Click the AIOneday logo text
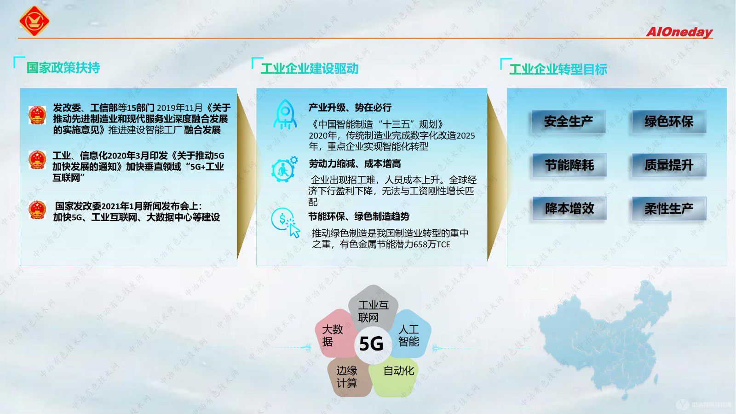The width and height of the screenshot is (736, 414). click(x=679, y=32)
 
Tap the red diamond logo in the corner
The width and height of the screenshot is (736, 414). click(x=34, y=21)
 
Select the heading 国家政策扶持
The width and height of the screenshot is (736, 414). click(x=63, y=68)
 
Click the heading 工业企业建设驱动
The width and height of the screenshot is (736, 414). click(x=309, y=69)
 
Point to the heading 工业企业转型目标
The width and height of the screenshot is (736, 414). click(x=558, y=70)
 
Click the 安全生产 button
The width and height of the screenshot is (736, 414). click(x=568, y=122)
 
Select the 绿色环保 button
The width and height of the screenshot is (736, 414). click(x=668, y=122)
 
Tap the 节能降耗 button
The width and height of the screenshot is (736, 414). click(x=569, y=165)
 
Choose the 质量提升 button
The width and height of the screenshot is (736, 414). click(x=668, y=165)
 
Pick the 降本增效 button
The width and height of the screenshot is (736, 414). click(x=569, y=208)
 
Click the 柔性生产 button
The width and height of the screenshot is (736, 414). click(x=668, y=208)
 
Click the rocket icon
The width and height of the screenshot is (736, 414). click(x=285, y=115)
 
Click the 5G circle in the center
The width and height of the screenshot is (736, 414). click(x=371, y=344)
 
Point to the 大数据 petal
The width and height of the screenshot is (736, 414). click(x=332, y=335)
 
